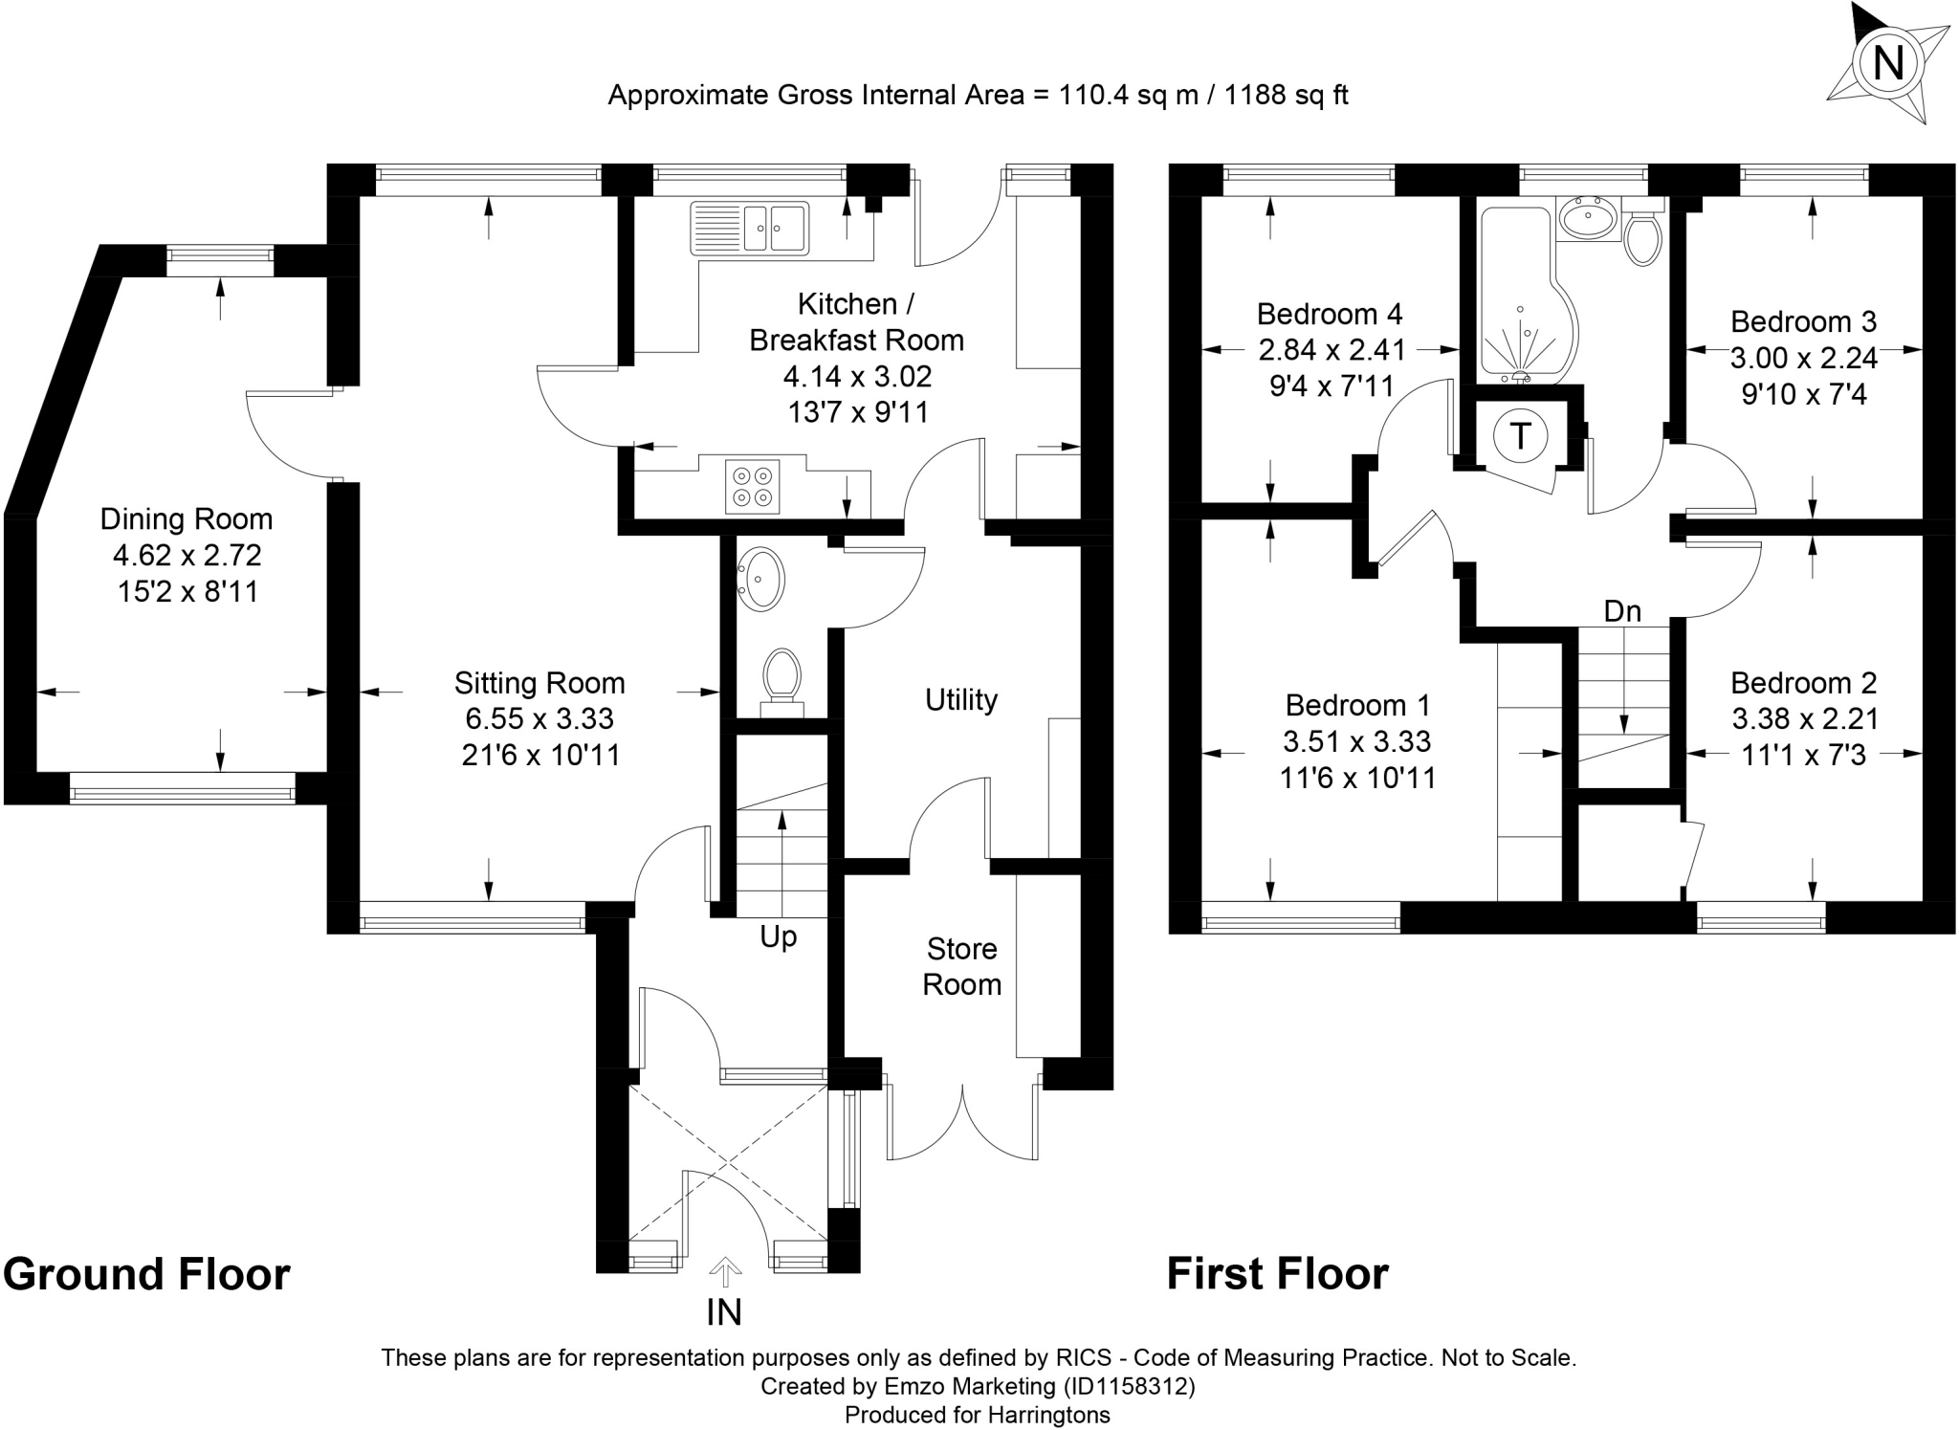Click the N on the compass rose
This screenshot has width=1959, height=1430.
click(1887, 64)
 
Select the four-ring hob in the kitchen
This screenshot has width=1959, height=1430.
click(753, 486)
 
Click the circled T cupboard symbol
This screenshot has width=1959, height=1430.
click(1519, 436)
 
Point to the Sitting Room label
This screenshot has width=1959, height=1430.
click(539, 683)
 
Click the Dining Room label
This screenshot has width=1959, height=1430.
click(187, 519)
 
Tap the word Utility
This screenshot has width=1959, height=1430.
click(961, 700)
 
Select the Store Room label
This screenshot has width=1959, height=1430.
click(962, 966)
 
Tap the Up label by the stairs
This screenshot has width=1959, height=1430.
click(778, 937)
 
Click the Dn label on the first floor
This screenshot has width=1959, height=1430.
click(1622, 611)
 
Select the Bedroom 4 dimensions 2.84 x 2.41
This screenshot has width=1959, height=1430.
click(1332, 350)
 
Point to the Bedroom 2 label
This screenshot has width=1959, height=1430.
click(1803, 683)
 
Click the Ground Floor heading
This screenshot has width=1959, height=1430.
click(146, 1274)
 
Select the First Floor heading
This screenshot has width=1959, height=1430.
click(1277, 1274)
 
